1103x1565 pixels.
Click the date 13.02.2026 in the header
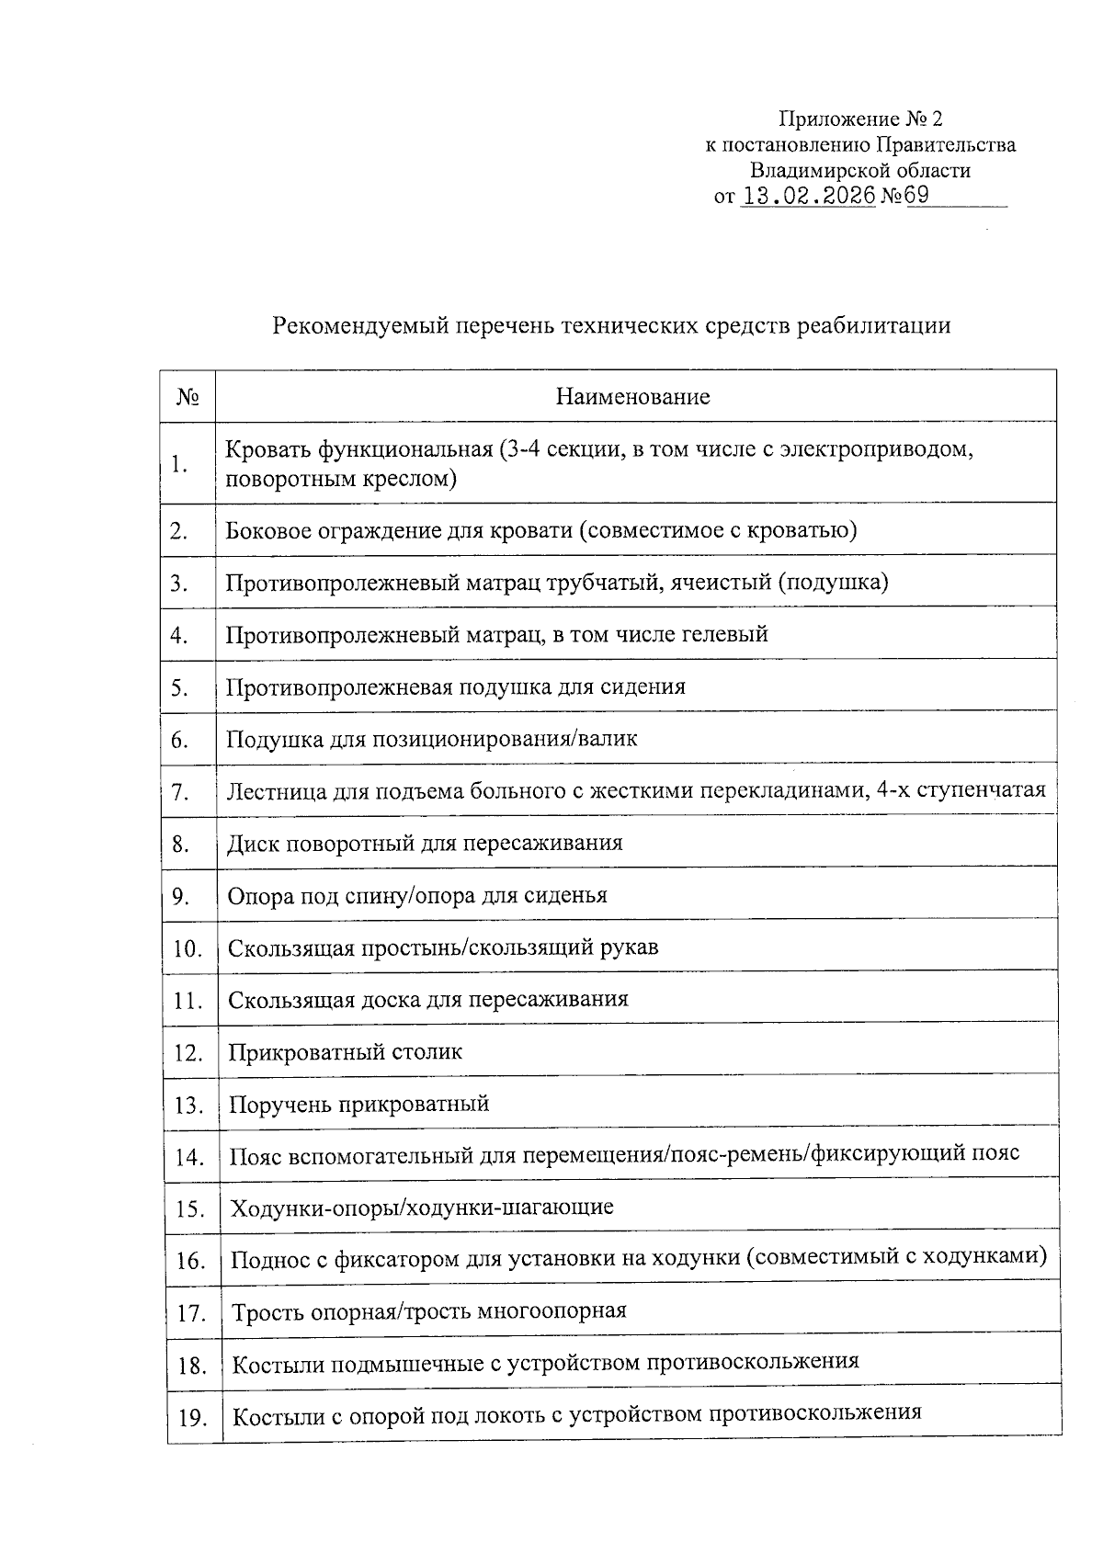pos(808,196)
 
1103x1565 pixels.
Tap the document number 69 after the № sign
pos(917,196)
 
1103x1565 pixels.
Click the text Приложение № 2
pos(860,119)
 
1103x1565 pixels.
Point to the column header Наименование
pos(632,397)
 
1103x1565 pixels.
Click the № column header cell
pos(188,397)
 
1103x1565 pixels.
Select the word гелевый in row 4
pos(723,634)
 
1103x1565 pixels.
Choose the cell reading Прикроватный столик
pos(345,1051)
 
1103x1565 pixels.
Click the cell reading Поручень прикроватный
pos(358,1104)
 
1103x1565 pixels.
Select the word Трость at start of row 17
pos(267,1311)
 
